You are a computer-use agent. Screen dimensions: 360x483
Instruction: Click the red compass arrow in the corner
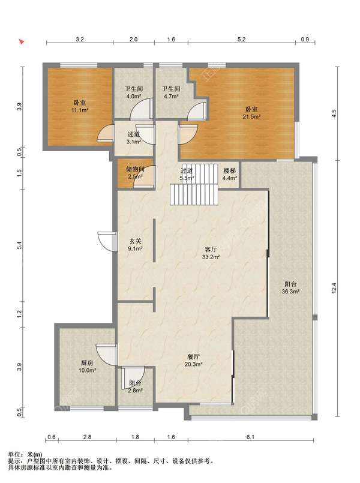point(22,41)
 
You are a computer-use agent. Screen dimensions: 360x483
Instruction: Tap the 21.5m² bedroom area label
point(251,113)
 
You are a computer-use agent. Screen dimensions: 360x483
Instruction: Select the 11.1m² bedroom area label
point(80,106)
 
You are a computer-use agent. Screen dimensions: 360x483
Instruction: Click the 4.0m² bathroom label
point(134,92)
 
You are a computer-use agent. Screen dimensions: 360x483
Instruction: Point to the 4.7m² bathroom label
point(171,92)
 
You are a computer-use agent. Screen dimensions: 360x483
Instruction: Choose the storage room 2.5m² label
point(135,173)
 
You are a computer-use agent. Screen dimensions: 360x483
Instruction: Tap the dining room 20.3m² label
point(193,361)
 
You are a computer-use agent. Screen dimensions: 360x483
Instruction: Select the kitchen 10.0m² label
point(87,367)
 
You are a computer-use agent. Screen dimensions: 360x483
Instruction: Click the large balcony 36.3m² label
point(291,287)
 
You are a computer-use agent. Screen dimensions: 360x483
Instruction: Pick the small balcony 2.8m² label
point(135,387)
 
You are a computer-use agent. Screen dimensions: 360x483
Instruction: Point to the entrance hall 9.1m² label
point(135,245)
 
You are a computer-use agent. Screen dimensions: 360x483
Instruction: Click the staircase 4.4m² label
point(230,174)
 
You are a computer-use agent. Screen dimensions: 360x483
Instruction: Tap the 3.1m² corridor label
point(134,138)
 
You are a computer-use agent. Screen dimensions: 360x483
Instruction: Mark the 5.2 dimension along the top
point(242,40)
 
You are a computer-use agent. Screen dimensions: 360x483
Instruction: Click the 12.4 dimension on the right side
point(334,288)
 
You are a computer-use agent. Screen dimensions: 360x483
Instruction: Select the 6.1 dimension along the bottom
point(251,437)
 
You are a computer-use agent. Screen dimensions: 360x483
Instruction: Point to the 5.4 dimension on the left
point(19,245)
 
